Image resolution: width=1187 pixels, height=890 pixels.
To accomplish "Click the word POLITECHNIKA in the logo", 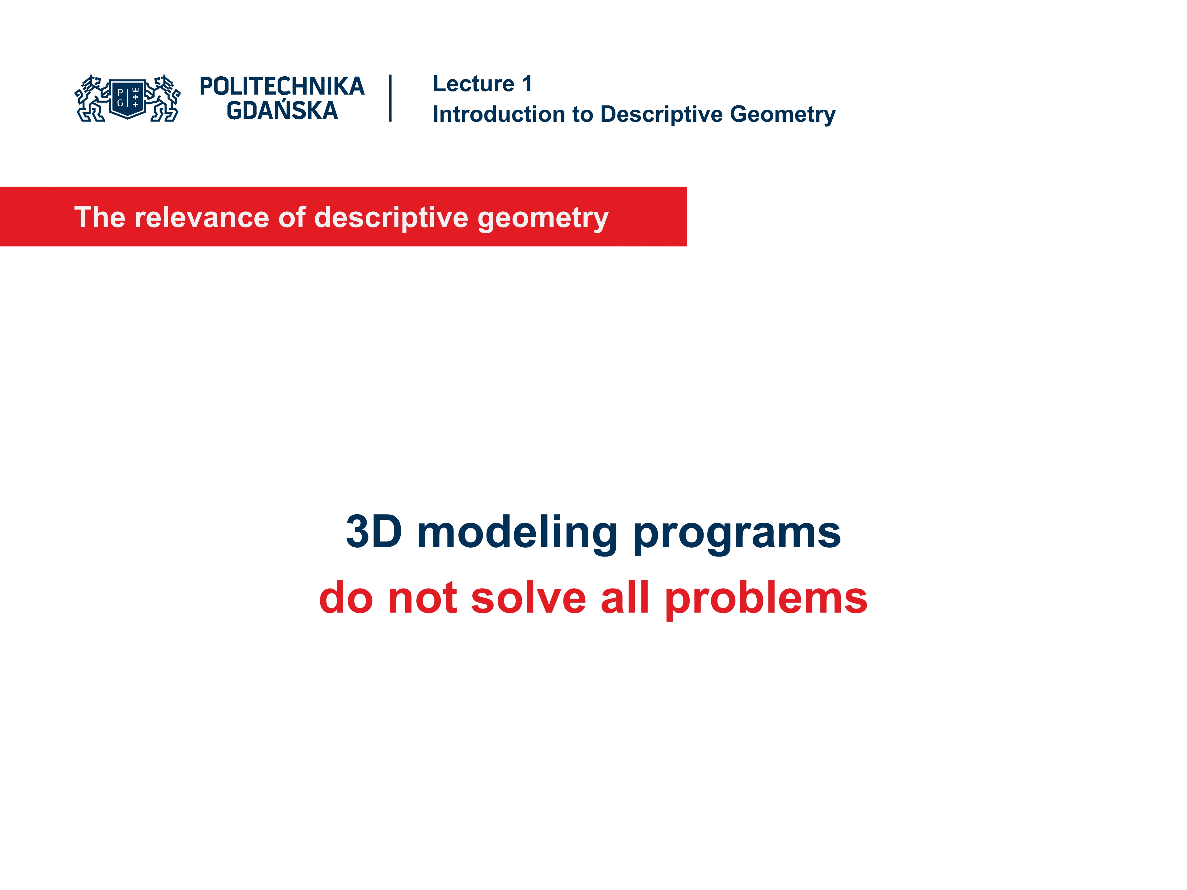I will click(282, 86).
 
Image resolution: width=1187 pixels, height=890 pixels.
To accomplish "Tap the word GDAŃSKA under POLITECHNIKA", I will click(282, 111).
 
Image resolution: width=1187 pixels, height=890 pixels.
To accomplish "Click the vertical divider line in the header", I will click(390, 98).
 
